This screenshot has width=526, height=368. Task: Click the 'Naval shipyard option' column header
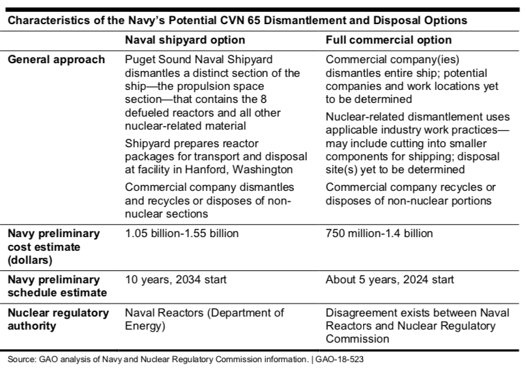pos(185,40)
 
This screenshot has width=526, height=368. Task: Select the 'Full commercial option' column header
pos(388,40)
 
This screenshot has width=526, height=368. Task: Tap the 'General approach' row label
pos(56,60)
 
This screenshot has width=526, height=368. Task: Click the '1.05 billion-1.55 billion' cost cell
pos(182,233)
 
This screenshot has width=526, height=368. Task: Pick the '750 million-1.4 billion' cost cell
pos(379,233)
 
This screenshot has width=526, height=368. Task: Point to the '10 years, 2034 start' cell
pos(176,279)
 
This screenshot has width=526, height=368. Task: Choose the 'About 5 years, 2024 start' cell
pos(390,279)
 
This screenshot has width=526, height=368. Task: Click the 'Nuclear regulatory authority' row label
pos(59,319)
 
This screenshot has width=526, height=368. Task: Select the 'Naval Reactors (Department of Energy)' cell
pos(204,319)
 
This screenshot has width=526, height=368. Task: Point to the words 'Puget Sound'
pos(158,60)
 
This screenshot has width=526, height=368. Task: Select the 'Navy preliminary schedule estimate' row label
pos(57,286)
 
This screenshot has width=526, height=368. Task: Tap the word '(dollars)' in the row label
pos(30,261)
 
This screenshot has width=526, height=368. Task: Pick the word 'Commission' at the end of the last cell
pos(357,339)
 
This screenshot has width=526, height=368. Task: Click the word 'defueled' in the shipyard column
pos(146,113)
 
